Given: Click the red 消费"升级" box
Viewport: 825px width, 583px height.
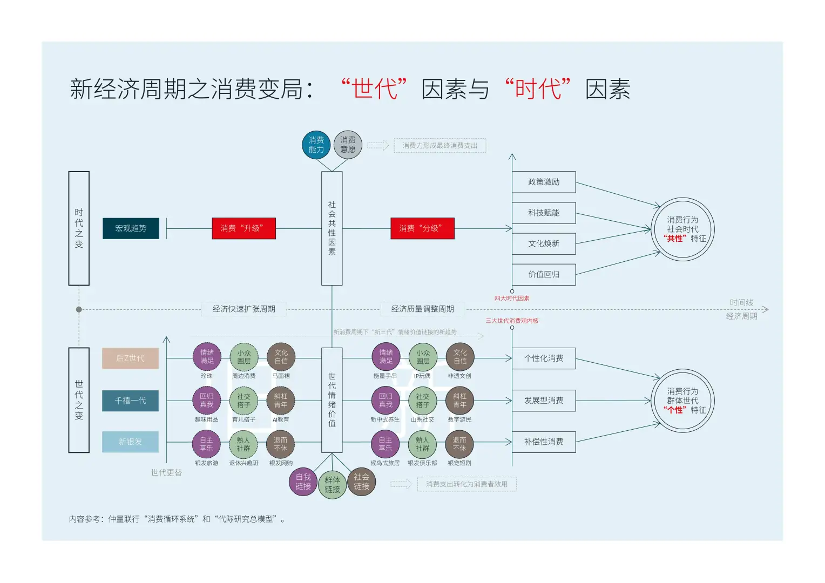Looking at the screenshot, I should click(244, 228).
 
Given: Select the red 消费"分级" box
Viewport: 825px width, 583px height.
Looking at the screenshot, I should click(422, 228).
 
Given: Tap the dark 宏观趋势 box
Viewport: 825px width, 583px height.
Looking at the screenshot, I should click(131, 228).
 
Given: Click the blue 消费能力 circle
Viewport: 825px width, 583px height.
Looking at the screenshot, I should click(316, 145).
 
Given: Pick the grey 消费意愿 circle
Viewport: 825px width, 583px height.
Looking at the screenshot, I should click(348, 145).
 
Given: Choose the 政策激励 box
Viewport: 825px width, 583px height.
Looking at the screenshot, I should click(544, 182).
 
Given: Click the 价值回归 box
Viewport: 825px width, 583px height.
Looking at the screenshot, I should click(544, 275).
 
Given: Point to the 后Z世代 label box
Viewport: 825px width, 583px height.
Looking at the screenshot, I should click(130, 358).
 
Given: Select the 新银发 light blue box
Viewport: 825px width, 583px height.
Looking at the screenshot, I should click(130, 442).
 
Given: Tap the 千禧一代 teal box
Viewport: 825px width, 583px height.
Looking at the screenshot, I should click(130, 401).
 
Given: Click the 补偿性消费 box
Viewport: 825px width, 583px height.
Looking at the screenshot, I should click(544, 442).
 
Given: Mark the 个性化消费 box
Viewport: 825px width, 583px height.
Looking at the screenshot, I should click(544, 358).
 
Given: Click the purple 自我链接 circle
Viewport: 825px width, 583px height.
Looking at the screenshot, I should click(303, 482).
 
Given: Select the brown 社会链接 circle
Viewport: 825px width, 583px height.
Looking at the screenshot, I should click(361, 482).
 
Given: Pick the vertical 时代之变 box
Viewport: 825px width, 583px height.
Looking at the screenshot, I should click(79, 228).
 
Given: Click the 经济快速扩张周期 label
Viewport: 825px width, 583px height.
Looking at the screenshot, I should click(244, 309).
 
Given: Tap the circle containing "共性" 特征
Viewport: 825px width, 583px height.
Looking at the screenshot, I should click(682, 229).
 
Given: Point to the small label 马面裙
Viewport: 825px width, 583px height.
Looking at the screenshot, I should click(281, 376).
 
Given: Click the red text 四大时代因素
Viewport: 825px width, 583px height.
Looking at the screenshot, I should click(511, 299).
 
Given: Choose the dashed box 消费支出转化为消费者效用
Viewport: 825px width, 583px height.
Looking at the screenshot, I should click(466, 484).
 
